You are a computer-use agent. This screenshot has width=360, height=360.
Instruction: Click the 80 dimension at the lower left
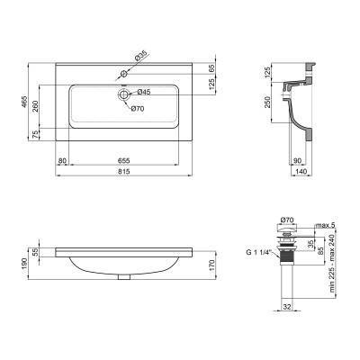[x=63, y=160]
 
